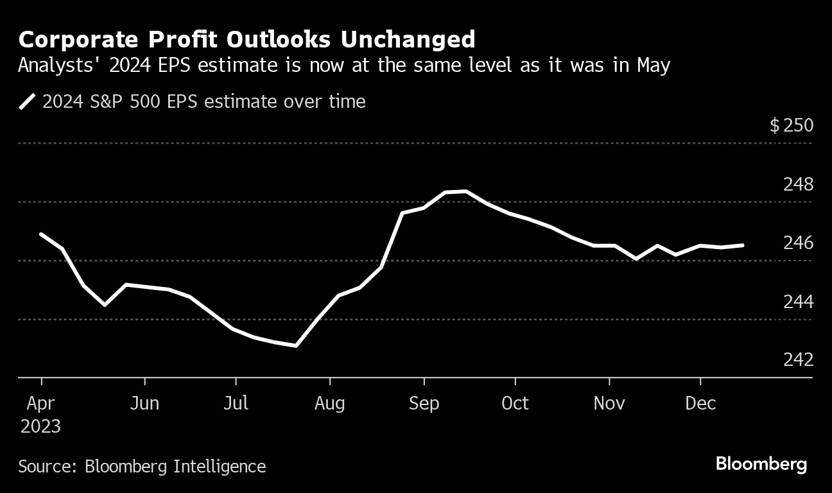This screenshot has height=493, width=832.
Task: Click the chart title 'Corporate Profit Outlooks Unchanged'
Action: point(247,40)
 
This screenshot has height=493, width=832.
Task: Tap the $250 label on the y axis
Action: point(792,125)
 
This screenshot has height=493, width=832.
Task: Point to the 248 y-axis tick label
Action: point(798,185)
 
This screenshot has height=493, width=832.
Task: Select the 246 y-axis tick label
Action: point(798,243)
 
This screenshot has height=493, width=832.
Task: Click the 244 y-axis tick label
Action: point(798,302)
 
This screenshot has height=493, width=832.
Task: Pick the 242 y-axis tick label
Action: point(798,360)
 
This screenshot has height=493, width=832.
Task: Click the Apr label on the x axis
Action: point(42,403)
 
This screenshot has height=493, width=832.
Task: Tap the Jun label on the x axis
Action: point(144,403)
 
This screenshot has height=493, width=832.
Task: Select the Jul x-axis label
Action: point(236,403)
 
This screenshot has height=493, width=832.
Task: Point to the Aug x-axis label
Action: point(330,403)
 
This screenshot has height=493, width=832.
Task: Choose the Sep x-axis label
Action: point(424,403)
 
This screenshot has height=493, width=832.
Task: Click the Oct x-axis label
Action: point(515,403)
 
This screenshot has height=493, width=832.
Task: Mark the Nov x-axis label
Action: point(609,403)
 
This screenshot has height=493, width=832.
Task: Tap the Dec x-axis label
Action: point(700,403)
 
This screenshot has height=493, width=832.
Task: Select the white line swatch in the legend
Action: point(27,101)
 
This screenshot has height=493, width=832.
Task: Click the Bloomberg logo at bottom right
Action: point(761,464)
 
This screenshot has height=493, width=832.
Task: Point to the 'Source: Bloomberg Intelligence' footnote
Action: point(142,466)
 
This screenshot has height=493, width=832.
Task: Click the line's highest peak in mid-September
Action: point(465,191)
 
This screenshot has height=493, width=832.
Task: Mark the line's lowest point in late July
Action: point(295,345)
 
